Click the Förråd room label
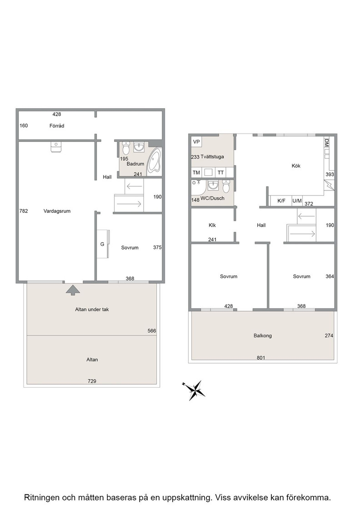point(57,125)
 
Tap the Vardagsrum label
point(57,211)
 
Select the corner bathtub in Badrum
point(155,161)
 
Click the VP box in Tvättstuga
point(196,142)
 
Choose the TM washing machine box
point(196,172)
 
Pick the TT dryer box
point(221,172)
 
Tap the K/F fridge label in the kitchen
point(281,201)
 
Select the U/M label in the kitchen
point(297,201)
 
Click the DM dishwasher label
point(327,143)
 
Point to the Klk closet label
point(212,225)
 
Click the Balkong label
point(263,336)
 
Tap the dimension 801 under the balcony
point(261,358)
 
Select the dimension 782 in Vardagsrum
point(24,211)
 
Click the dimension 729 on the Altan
point(92,381)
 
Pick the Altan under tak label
point(92,309)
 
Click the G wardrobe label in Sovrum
point(102,244)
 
